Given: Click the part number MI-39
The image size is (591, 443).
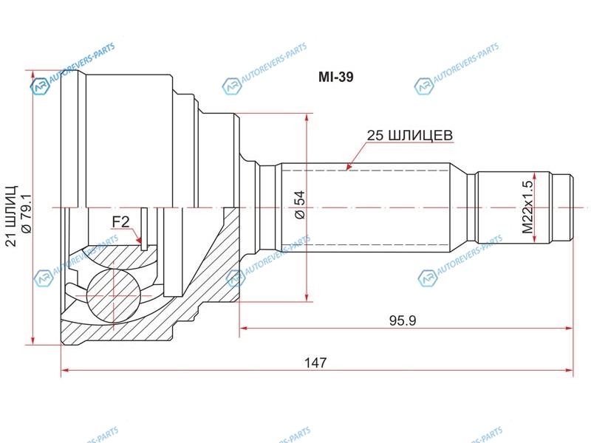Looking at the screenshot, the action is click(x=336, y=77).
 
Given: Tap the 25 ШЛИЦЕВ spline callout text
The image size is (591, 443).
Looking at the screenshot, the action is click(x=410, y=135).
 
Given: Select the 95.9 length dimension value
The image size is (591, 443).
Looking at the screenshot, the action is click(x=403, y=320).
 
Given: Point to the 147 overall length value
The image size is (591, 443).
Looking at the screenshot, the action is click(x=315, y=363).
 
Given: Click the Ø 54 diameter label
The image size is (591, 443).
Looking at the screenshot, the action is click(x=301, y=205).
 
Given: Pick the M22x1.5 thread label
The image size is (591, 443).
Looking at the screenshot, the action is click(x=527, y=207).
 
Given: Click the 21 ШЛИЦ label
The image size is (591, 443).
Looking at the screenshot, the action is click(x=12, y=216).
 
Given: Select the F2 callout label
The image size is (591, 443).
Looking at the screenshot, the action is click(x=120, y=222).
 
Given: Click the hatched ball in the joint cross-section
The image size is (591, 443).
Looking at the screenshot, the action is click(x=113, y=295).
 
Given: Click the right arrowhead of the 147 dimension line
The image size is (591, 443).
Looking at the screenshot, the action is click(x=569, y=371).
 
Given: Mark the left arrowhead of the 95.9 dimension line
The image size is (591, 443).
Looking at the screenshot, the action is click(x=244, y=328).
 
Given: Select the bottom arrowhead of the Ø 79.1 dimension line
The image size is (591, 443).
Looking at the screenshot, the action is click(x=33, y=340).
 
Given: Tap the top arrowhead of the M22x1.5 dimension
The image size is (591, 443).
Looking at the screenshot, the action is click(x=534, y=176).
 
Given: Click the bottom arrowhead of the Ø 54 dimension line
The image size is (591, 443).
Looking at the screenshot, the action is click(x=307, y=298).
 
